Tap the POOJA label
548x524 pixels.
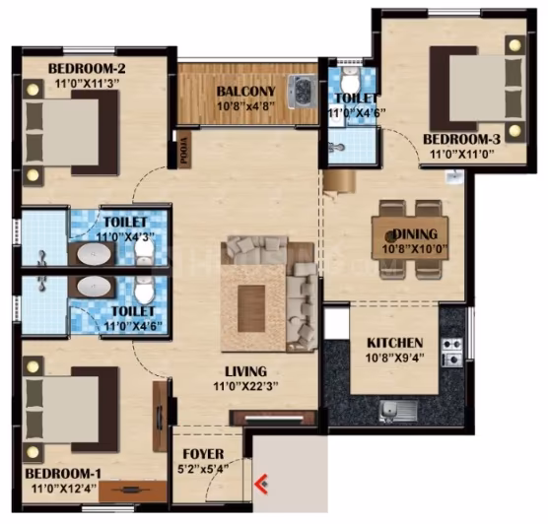click(184, 151)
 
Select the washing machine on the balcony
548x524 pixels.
click(302, 93)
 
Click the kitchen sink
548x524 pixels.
click(398, 411)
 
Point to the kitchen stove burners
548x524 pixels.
click(452, 353)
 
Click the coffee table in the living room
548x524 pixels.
click(251, 308)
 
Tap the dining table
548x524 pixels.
click(410, 238)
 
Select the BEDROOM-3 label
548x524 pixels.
click(461, 139)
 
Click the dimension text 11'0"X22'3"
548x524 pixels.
click(246, 386)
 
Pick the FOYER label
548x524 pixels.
click(203, 454)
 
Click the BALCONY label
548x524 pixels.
click(246, 92)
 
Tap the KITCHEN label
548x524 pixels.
click(395, 343)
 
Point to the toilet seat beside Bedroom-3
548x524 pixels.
click(350, 79)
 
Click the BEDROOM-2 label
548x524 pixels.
click(87, 69)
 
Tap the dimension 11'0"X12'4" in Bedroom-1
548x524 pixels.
click(64, 488)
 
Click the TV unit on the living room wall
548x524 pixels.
click(274, 418)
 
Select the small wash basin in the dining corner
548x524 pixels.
click(454, 176)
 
